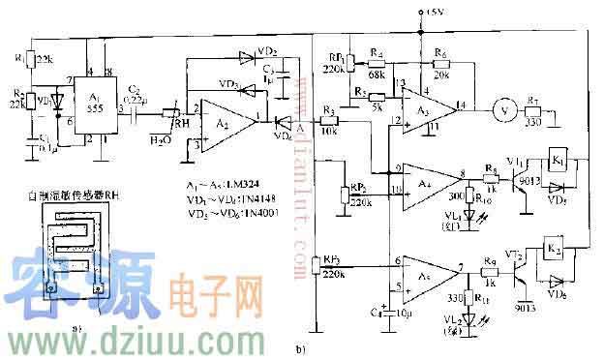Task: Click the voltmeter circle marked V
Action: [x=500, y=107]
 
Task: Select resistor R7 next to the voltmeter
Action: [x=533, y=108]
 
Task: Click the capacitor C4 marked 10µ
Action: [x=386, y=312]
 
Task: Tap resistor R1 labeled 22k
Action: [x=29, y=58]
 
